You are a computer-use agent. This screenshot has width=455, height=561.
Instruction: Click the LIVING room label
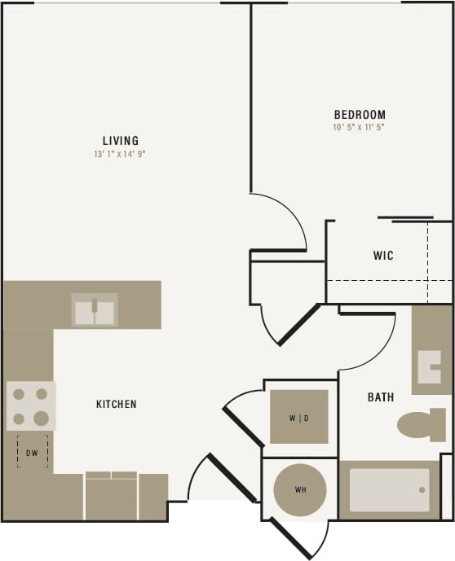pos(120,140)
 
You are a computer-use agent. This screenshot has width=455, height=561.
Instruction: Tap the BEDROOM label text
pos(360,115)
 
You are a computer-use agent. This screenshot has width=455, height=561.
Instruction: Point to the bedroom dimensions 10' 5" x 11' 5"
pos(359,127)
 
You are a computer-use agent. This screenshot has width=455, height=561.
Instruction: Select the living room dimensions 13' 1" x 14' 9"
pos(120,153)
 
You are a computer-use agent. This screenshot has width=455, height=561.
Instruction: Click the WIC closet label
pos(383,256)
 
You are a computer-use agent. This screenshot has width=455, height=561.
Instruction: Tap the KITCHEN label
pos(117,404)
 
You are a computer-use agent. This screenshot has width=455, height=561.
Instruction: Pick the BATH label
pos(381,397)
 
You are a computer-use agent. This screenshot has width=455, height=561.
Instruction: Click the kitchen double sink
pos(95,310)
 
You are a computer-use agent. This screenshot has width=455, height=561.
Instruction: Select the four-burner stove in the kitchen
pos(31,406)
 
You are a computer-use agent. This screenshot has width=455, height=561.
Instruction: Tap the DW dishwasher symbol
pos(33,451)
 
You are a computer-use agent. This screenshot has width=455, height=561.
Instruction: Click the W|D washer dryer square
pos(299,418)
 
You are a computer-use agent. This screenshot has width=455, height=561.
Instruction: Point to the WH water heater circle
pos(300,490)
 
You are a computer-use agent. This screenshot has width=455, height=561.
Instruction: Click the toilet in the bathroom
pos(420,424)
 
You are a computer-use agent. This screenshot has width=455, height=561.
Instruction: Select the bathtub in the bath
pos(389,490)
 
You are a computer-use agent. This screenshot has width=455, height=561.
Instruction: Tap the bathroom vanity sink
pos(430,366)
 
